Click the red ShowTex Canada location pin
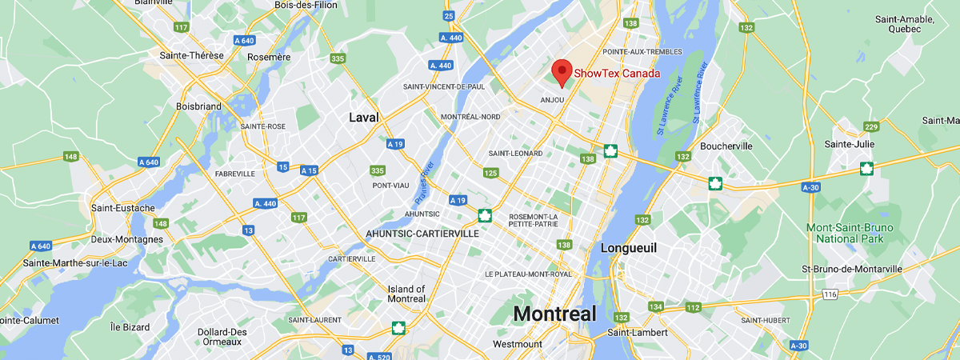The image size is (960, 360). click(562, 72)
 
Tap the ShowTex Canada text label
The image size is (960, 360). click(617, 74)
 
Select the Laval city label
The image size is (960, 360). click(363, 118)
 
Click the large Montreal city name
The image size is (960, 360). click(554, 314)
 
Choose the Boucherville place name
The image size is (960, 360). click(726, 146)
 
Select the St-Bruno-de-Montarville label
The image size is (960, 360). click(851, 270)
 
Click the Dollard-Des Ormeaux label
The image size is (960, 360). click(222, 337)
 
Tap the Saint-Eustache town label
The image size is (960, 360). click(122, 208)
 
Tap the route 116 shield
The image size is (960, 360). click(830, 295)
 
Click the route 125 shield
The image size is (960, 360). click(490, 173)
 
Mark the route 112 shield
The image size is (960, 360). click(693, 307)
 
